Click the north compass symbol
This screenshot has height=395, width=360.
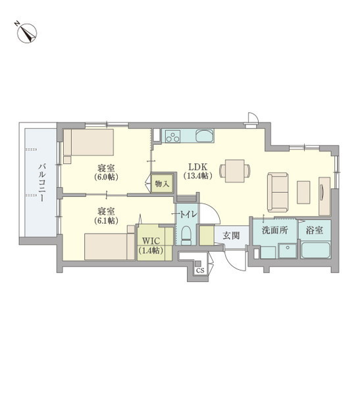[x=26, y=32]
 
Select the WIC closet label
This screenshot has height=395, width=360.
[x=149, y=240]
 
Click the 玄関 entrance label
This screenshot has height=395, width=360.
[x=230, y=235]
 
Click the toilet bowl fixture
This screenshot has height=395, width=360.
[x=186, y=235]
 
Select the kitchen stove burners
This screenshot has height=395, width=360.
[x=173, y=137]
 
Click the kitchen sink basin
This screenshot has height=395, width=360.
[x=204, y=137]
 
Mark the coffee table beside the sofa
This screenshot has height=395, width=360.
[x=303, y=191]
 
